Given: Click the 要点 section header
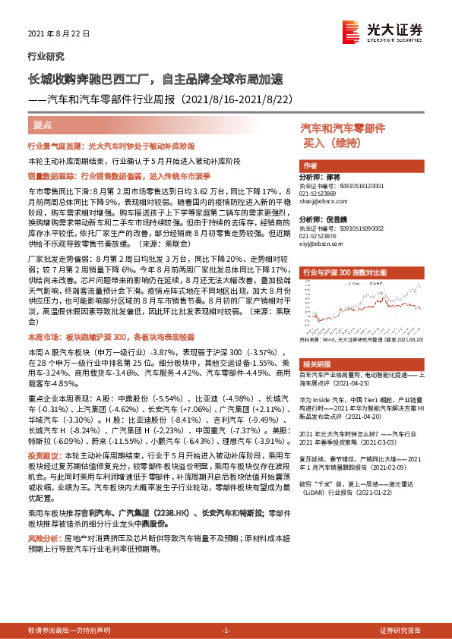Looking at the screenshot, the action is click(43, 125).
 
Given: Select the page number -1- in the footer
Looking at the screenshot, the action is click(225, 631).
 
